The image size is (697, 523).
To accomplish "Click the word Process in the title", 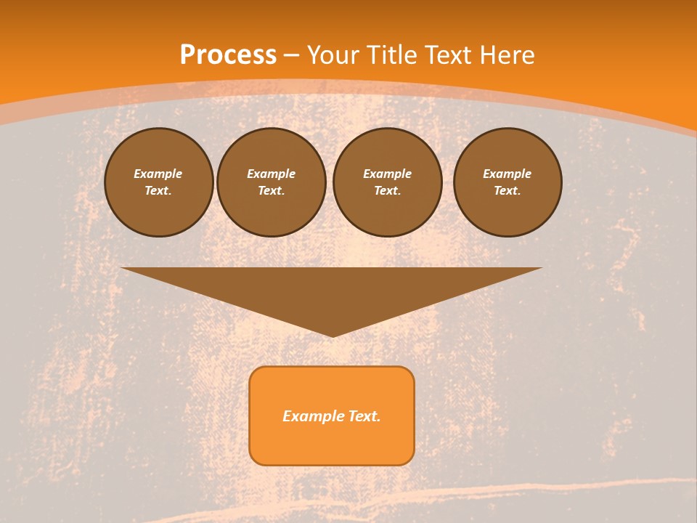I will click(x=228, y=55).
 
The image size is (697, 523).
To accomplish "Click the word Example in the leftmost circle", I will click(x=158, y=174).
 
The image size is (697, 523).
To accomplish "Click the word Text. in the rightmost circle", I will click(x=508, y=190).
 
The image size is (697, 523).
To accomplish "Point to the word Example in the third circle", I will click(x=387, y=174).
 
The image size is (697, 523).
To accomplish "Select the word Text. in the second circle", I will click(x=272, y=190).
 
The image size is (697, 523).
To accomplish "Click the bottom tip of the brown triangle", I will click(x=332, y=335).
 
